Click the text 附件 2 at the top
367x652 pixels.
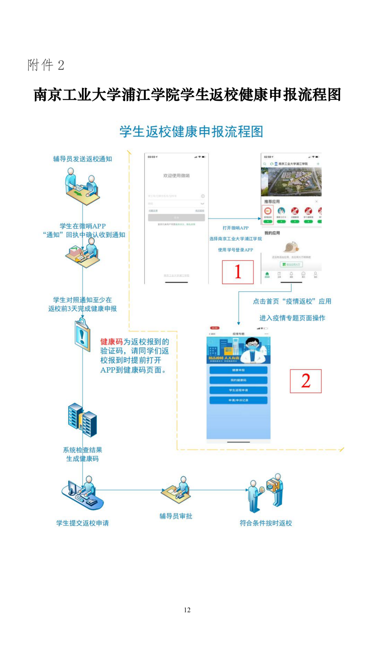pos(46,65)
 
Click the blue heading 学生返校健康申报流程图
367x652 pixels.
pos(191,132)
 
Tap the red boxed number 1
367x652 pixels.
pos(237,272)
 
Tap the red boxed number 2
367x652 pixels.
pos(305,381)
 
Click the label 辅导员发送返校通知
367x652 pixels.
pos(82,159)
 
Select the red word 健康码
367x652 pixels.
pos(111,342)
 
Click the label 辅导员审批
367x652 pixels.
pos(176,516)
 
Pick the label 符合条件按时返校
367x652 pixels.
pos(266,523)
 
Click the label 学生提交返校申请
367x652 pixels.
pos(82,523)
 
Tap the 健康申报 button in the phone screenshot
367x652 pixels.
pos(238,370)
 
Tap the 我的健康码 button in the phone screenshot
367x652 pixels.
pos(238,380)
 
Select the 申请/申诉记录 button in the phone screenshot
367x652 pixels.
pos(238,400)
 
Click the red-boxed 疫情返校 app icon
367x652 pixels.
pos(267,212)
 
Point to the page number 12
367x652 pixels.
pos(187,610)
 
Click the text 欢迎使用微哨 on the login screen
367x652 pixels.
pos(176,176)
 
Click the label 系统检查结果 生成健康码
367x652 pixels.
pos(82,454)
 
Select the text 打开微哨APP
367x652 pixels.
pos(235,228)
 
